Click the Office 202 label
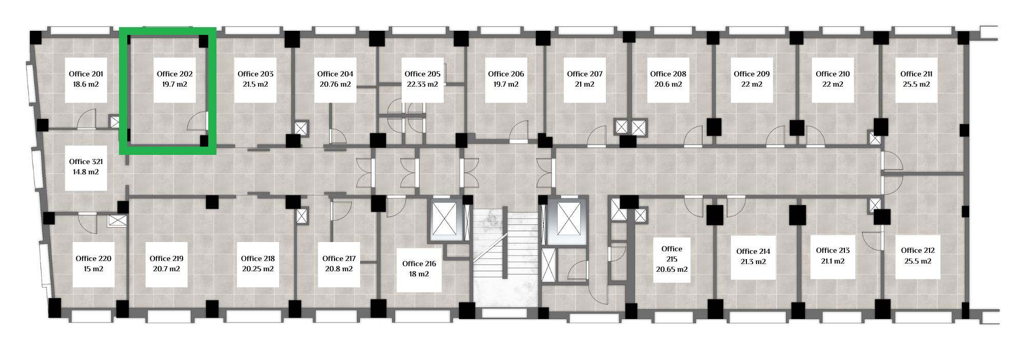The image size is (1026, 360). click(x=174, y=74)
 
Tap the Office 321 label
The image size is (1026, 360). click(x=86, y=162)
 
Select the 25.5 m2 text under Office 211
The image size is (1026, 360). click(x=916, y=84)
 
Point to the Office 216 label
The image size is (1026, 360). click(x=419, y=264)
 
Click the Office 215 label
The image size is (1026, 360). click(x=672, y=254)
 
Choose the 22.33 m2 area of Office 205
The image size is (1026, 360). click(x=422, y=84)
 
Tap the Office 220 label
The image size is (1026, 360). click(x=93, y=258)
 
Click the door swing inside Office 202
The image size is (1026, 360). click(x=198, y=122)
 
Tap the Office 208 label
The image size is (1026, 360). click(x=668, y=74)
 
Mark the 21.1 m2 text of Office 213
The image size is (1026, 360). click(x=833, y=261)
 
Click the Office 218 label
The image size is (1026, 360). click(x=258, y=258)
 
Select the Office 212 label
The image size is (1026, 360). click(x=918, y=250)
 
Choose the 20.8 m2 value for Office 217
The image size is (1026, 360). click(x=339, y=269)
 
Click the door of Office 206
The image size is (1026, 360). click(x=519, y=131)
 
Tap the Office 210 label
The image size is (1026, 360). click(x=833, y=74)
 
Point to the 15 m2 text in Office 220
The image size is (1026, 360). click(x=93, y=269)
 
